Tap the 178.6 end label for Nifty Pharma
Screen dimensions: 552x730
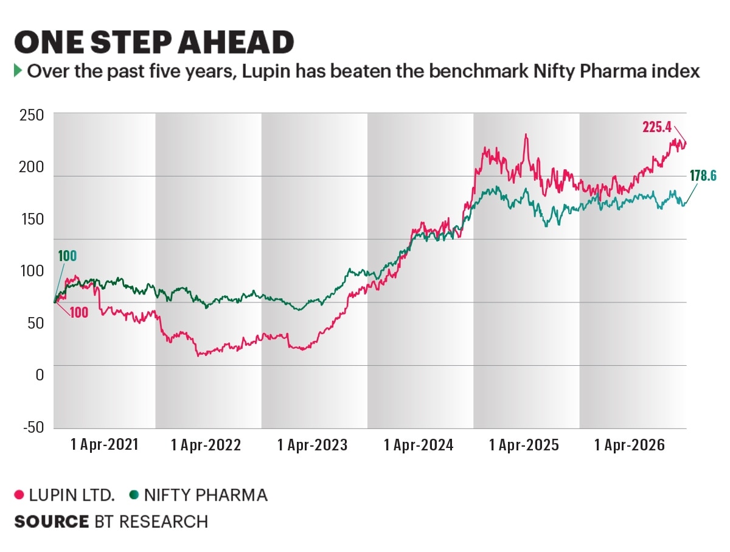click(703, 176)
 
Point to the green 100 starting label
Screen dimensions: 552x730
click(67, 256)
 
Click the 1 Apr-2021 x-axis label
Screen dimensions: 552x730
click(105, 445)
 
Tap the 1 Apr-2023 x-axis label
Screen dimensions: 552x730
click(312, 445)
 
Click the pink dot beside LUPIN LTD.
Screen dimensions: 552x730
click(19, 495)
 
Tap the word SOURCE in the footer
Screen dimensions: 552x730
click(51, 522)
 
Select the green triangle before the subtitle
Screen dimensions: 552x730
click(18, 71)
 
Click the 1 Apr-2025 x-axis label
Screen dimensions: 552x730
click(524, 445)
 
